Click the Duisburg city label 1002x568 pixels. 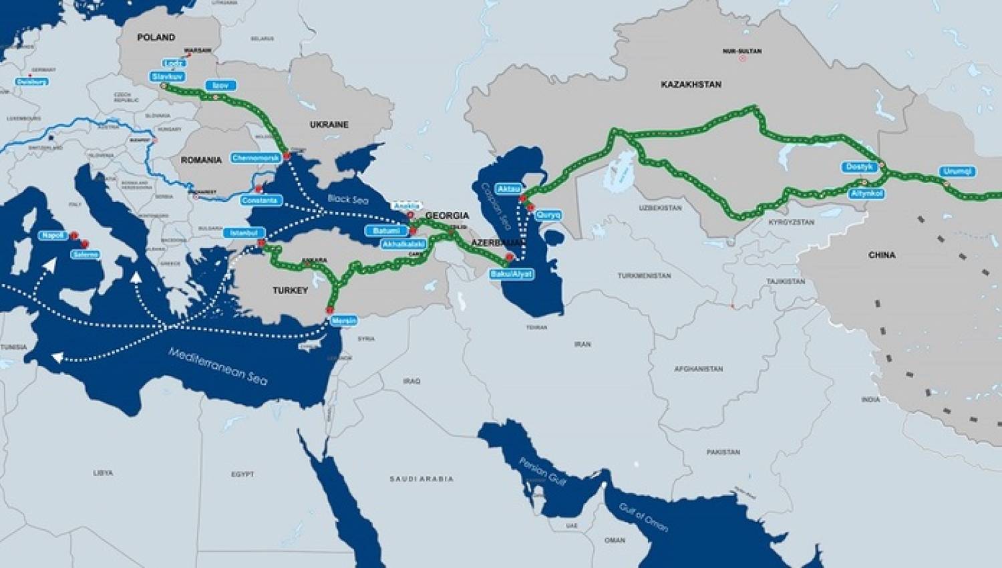[x=33, y=82]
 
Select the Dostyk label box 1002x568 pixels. [x=859, y=167]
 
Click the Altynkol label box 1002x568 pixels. [x=867, y=193]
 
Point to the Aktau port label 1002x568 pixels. [x=508, y=189]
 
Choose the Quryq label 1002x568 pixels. [x=548, y=215]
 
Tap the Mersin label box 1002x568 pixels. [x=344, y=321]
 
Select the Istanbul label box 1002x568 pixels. [x=244, y=233]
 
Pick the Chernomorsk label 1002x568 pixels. [x=256, y=158]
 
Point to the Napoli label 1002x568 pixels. [x=53, y=235]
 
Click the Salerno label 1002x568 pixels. [x=86, y=255]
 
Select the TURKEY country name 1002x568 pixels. [x=290, y=291]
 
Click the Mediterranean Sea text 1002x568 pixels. [x=218, y=366]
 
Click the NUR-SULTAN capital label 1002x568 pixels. [x=741, y=51]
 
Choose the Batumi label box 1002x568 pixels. [x=386, y=231]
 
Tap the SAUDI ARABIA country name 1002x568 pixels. [x=422, y=478]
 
